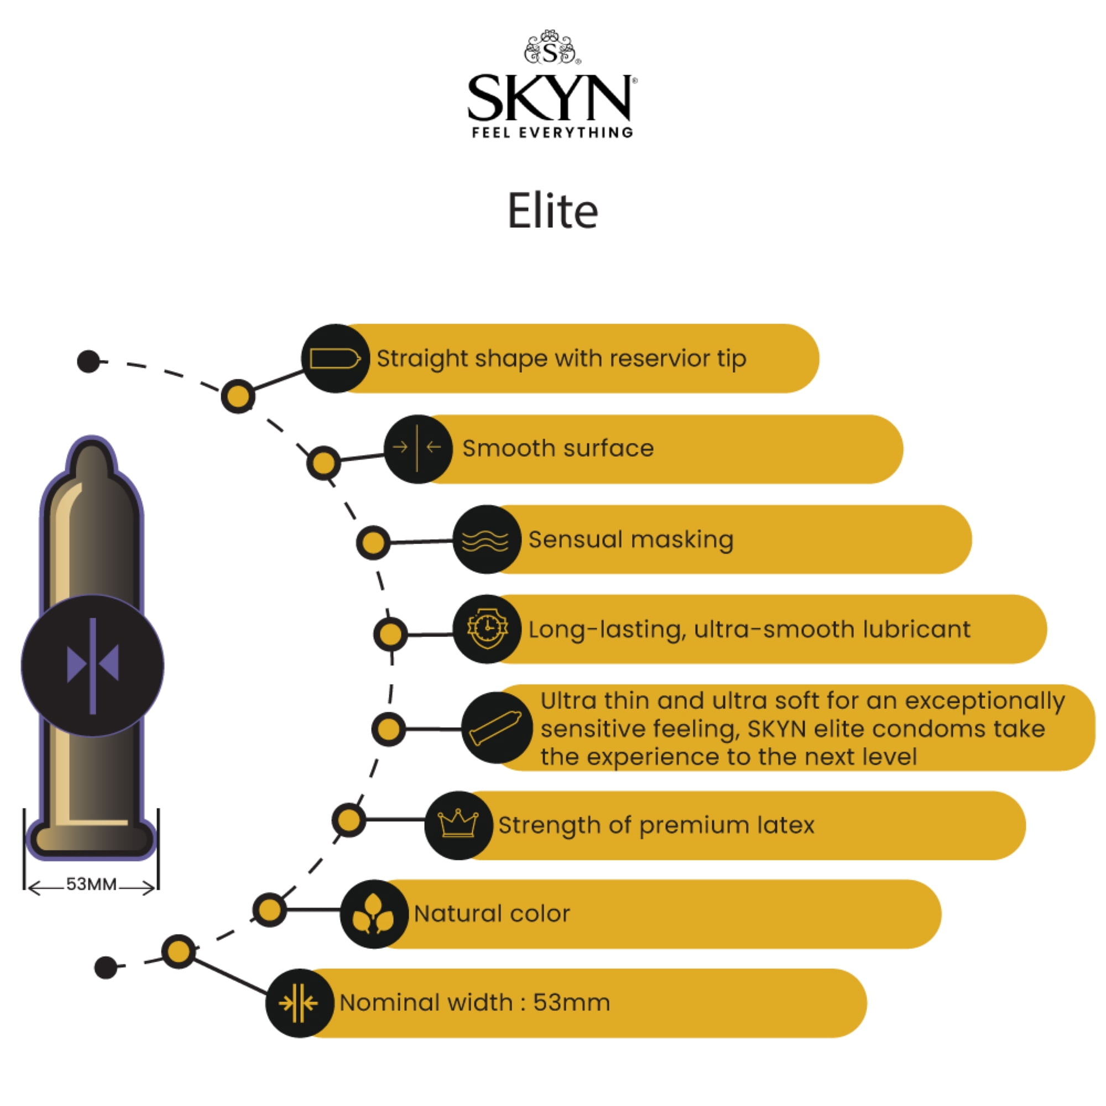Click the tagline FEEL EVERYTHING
(552, 133)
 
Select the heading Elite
(553, 211)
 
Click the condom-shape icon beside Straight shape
(336, 359)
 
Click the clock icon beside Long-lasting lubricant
(487, 629)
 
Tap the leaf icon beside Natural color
(374, 914)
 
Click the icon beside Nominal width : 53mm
(299, 1003)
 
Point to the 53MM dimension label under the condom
(92, 884)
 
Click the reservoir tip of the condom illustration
(92, 458)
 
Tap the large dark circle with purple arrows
(92, 665)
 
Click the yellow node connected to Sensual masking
(373, 542)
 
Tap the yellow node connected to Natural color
(269, 909)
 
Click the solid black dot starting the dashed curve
(88, 361)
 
